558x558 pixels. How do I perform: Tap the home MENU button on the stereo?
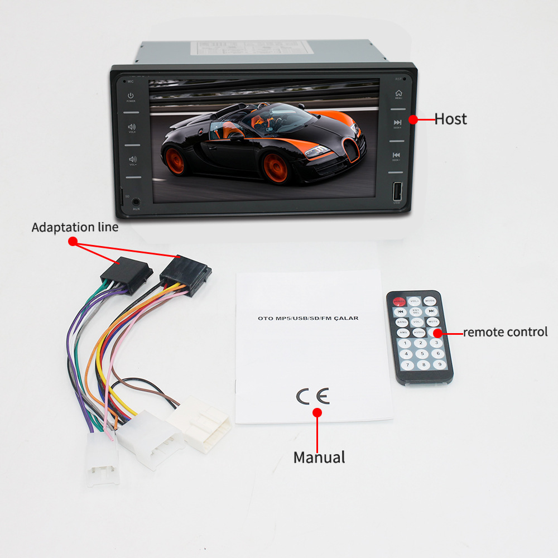(398, 94)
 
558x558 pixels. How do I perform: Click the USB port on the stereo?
(397, 192)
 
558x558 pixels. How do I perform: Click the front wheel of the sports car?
(276, 167)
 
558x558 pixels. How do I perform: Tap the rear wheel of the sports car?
(175, 161)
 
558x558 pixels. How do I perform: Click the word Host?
(450, 119)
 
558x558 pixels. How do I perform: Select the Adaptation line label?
(75, 228)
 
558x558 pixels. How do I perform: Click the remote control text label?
(505, 332)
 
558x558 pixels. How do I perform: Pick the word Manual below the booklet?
(319, 458)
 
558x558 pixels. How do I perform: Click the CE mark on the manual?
(312, 396)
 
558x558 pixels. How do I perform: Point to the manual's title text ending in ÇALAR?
(308, 318)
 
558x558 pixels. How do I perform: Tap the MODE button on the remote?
(429, 301)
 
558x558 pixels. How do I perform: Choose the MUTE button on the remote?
(433, 322)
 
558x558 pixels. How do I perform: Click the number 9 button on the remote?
(440, 364)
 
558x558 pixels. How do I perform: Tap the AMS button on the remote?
(403, 333)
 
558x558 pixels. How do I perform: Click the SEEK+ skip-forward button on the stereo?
(397, 123)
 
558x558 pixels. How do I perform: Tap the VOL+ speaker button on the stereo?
(132, 127)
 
